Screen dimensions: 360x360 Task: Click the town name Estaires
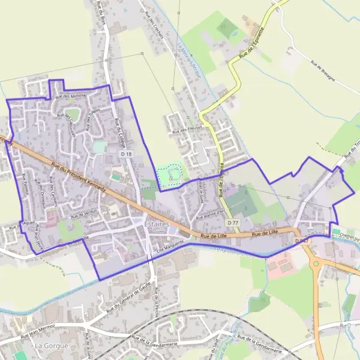(157, 224)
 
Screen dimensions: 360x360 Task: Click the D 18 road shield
(125, 154)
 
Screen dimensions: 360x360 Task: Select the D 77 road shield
(233, 223)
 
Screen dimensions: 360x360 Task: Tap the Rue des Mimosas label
(71, 96)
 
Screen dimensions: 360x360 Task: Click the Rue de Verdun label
(83, 214)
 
